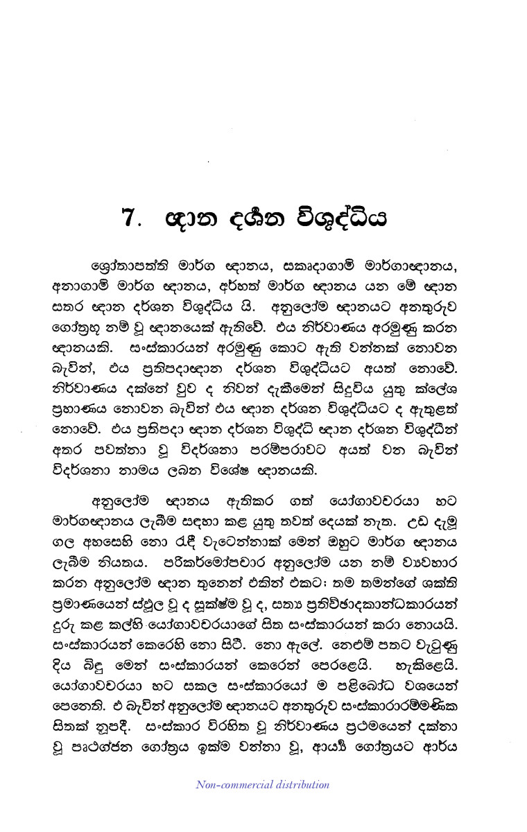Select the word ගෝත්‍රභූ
[x=74, y=326]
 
